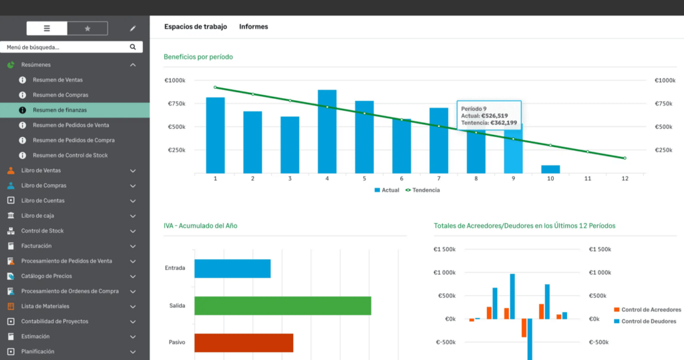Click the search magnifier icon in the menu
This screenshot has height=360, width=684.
(133, 47)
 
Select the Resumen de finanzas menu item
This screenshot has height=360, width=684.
(59, 110)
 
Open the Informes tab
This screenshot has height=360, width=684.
(253, 27)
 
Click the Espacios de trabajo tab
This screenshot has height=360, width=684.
(196, 27)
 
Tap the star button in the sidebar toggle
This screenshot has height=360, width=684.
(88, 29)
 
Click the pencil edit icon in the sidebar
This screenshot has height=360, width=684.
(133, 29)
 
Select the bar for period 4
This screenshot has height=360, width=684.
(327, 131)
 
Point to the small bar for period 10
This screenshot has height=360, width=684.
(550, 169)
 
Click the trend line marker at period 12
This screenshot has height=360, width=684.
(625, 158)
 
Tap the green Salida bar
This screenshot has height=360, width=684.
(283, 306)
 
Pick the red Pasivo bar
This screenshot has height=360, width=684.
(244, 343)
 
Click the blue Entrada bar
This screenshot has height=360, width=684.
(232, 268)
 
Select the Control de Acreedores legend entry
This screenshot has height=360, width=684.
(647, 310)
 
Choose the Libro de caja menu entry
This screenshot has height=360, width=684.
(37, 216)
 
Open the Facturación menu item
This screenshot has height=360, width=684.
(36, 246)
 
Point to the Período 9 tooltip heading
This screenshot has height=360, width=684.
(474, 108)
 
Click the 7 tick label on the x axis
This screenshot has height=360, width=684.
(439, 179)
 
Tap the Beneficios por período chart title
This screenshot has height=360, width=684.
(198, 57)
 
